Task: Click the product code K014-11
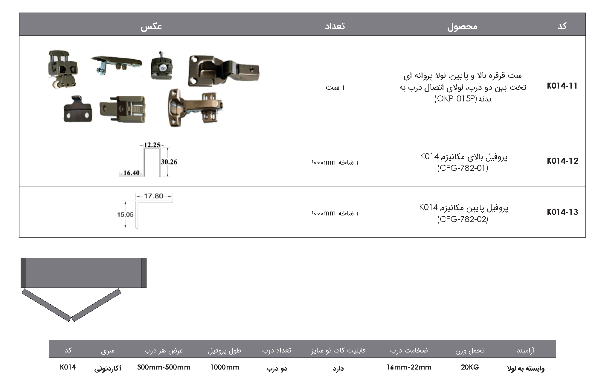coord(562,86)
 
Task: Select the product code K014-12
coord(562,161)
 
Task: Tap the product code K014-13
coord(562,212)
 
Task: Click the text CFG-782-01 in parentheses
coord(463,168)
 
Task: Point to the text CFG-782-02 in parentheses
coord(463,219)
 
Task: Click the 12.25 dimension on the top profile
coord(152,145)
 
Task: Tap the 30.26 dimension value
coord(169,162)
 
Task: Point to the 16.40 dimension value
coord(132,173)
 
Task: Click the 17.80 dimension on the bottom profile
coord(154,196)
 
